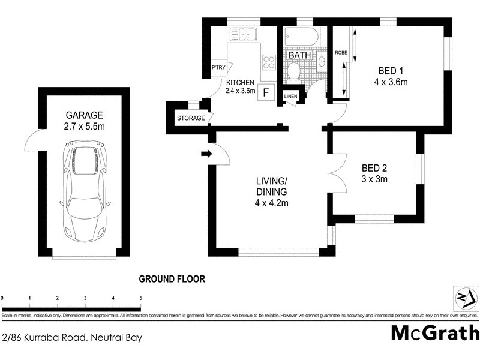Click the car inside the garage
point(83,193)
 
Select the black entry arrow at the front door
point(207,154)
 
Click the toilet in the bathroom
point(293,71)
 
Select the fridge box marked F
point(267,93)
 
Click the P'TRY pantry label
point(217,68)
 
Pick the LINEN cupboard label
point(291,96)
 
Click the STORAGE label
point(191,118)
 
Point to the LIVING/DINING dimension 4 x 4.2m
point(272,203)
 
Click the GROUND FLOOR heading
point(172,279)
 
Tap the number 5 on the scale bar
point(141,298)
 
